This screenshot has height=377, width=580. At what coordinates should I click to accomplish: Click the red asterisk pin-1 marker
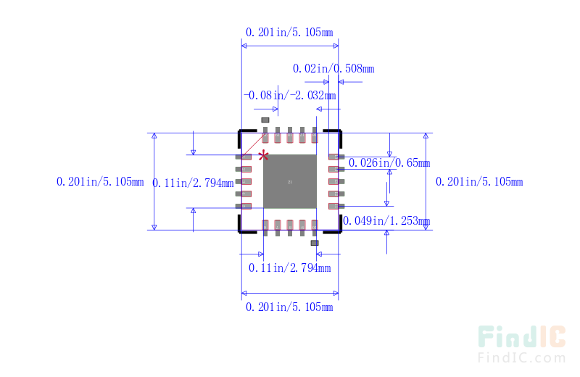click(264, 155)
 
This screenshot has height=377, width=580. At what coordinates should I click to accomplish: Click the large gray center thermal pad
click(289, 181)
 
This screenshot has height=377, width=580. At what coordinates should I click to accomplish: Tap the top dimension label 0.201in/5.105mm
click(289, 32)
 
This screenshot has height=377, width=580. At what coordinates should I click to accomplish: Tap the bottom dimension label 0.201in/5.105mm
click(289, 307)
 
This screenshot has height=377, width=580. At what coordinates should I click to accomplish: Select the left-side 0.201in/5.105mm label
click(100, 182)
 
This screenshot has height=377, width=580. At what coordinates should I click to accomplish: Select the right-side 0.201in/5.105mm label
click(478, 182)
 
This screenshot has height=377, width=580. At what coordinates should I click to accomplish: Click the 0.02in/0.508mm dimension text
click(333, 69)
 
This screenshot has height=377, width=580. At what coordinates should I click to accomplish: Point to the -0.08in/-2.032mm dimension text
click(289, 95)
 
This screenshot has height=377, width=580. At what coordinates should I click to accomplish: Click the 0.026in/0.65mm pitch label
click(389, 163)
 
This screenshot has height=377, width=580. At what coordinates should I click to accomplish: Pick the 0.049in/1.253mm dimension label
click(386, 221)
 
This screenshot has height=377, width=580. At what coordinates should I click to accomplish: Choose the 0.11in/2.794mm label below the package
click(289, 268)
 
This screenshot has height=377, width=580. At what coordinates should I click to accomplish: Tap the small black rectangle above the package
click(265, 120)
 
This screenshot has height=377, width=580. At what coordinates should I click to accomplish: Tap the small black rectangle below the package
click(315, 243)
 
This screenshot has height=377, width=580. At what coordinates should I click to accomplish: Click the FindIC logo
click(521, 337)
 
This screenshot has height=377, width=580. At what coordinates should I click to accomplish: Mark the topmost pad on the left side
click(245, 157)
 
